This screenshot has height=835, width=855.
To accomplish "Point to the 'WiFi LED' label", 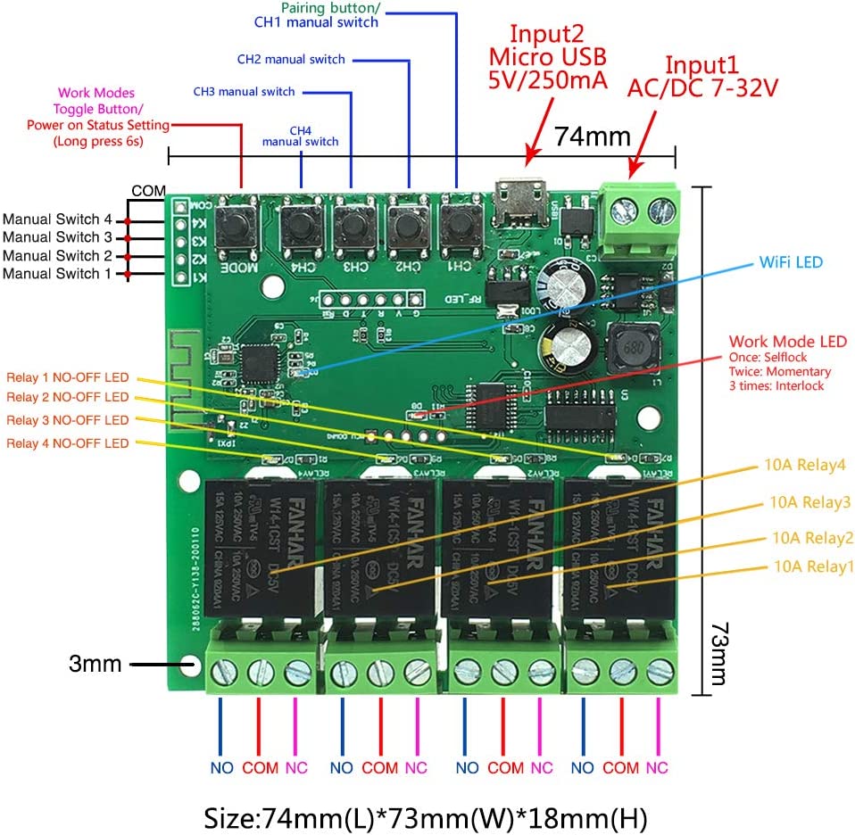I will click(791, 262).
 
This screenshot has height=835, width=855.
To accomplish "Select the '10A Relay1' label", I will click(813, 566).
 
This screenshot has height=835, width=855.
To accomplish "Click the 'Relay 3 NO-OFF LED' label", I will click(67, 420).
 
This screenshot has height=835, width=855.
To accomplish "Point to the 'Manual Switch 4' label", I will click(57, 219).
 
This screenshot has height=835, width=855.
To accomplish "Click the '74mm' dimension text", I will click(593, 136).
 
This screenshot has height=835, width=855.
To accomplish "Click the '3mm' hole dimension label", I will click(95, 664).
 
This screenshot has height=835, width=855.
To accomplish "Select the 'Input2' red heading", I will click(545, 34).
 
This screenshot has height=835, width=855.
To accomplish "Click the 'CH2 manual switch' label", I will click(290, 60).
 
